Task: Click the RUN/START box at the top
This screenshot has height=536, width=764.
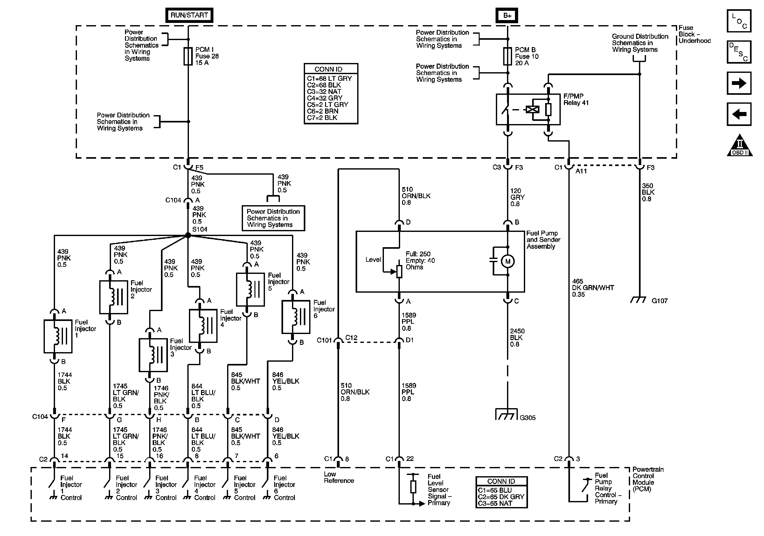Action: point(189,15)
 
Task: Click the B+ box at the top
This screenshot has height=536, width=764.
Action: point(507,16)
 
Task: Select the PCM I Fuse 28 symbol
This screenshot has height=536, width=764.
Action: point(188,56)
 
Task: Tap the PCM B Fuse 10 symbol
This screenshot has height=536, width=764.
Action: point(507,56)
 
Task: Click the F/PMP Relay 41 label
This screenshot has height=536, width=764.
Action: point(576,100)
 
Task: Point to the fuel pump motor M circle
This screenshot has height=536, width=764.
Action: point(508,261)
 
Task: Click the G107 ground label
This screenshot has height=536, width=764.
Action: point(660,301)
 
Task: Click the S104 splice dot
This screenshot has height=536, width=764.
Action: point(188,235)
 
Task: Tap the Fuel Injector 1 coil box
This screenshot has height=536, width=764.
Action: point(58,336)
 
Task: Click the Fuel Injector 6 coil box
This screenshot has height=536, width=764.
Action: point(296,317)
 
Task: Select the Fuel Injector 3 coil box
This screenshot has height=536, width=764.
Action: point(153,355)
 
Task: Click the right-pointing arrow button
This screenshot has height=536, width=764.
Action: point(739,83)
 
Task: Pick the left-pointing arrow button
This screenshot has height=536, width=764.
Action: point(739,115)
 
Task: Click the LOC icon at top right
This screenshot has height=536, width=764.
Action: point(739,21)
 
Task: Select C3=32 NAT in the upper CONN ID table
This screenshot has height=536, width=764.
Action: point(324,92)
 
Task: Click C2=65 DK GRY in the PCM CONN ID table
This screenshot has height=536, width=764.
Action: point(501,497)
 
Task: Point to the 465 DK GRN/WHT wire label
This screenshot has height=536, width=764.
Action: point(593,288)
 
